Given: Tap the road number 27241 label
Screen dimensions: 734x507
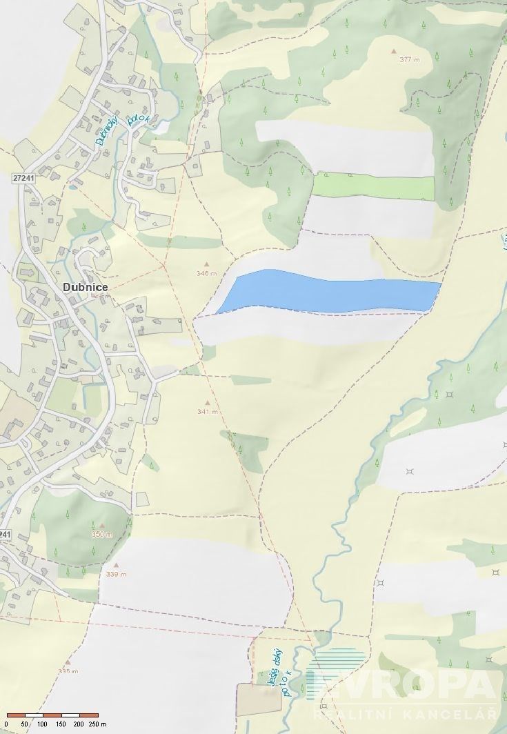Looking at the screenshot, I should tap(23, 177).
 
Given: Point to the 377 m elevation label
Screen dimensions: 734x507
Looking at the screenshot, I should tap(410, 59).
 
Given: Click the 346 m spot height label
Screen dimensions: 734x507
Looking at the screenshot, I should tap(206, 273).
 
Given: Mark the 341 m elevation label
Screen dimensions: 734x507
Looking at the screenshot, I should tap(207, 412).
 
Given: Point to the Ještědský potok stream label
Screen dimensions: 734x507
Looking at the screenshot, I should tap(277, 668).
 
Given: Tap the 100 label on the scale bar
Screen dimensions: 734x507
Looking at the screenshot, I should tap(43, 724).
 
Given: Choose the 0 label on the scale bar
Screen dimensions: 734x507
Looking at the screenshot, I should tap(8, 724).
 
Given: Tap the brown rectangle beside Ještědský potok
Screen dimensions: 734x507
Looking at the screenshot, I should tap(259, 699).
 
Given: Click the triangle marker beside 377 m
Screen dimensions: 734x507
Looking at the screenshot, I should tap(394, 51).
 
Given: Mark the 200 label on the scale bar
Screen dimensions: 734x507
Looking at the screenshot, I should tap(79, 724).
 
